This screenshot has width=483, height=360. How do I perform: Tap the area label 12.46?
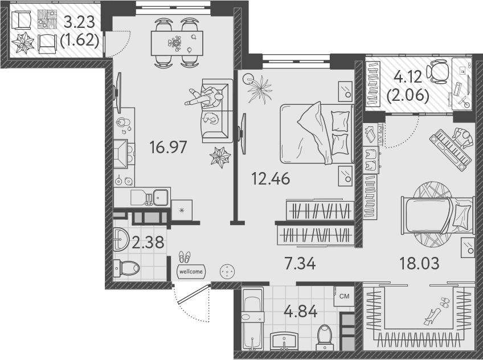(x=271, y=178)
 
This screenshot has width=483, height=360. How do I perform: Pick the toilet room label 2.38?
(x=148, y=243)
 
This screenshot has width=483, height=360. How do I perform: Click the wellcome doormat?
(x=191, y=272)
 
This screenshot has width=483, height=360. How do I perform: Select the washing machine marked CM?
(x=344, y=296)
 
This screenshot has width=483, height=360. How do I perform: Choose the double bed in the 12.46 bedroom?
(x=314, y=132)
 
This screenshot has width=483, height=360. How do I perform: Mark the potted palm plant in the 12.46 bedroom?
(x=263, y=88)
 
